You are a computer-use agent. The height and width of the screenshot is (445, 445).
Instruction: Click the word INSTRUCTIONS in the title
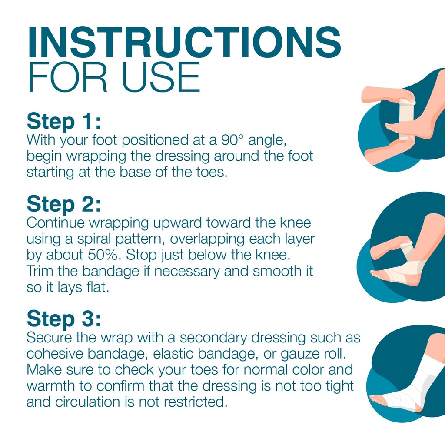[184, 42]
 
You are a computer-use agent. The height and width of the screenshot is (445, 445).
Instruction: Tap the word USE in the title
[161, 77]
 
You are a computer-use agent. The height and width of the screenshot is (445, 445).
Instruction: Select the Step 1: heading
[64, 122]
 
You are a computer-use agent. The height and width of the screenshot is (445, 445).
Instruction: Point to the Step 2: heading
[64, 204]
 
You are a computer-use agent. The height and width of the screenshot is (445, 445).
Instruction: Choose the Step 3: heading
[64, 319]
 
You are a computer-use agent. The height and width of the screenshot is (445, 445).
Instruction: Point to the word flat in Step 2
[98, 287]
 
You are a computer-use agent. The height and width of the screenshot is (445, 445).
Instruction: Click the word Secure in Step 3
[49, 337]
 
